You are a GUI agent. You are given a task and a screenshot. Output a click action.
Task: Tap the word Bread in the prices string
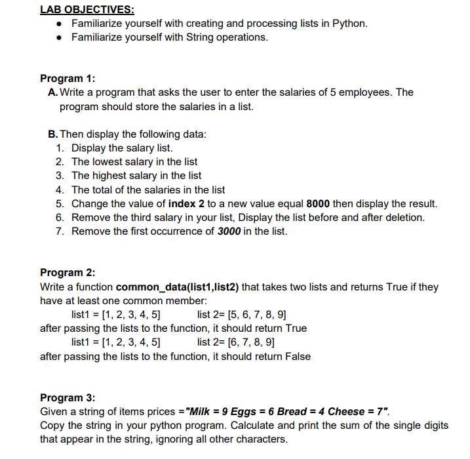coord(292,412)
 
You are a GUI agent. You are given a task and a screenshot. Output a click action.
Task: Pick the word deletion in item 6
coord(404,217)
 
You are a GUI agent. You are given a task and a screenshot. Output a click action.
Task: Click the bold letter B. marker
coord(54,134)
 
